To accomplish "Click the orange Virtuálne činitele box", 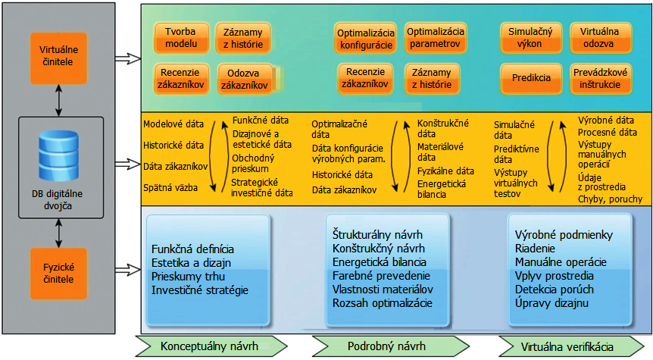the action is coord(59,58).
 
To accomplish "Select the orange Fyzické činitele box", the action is coord(59,274).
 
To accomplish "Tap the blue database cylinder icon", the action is coord(59,155).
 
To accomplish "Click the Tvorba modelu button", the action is coord(181,38).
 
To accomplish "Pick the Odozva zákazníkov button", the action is coord(244,79).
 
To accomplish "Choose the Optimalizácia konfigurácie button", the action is coord(366,39).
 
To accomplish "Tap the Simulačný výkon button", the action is coord(530,38).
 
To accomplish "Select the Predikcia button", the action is coord(531,78).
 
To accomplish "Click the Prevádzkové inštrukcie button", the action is coord(600,78).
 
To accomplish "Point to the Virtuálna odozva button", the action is coord(600,38).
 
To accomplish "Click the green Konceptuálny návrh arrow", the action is coord(211,346).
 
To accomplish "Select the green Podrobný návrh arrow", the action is coord(391,346).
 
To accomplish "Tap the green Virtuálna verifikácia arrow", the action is coord(571,346).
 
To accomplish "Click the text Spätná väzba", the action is coord(170,187).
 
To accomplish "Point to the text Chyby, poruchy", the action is coord(610,199).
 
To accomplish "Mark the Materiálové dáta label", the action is coord(440,152).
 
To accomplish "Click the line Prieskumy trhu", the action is coord(188,277).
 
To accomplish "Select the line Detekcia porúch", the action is coord(555,290).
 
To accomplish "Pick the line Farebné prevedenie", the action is coord(381,276).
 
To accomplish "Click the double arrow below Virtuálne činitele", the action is coord(59,100).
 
